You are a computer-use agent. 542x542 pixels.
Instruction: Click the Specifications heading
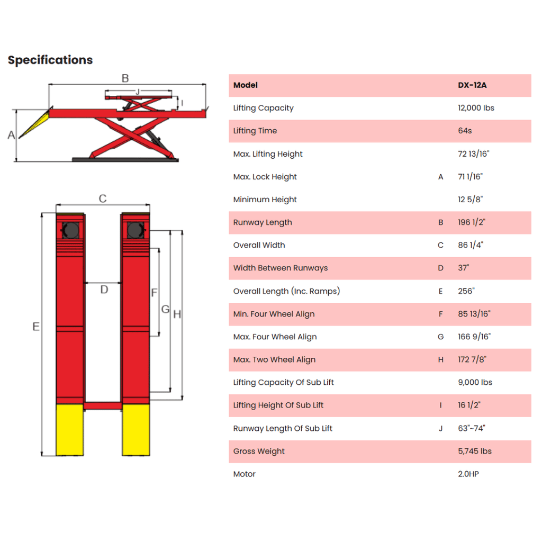click(x=50, y=60)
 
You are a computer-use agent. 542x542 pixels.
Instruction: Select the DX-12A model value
click(x=472, y=85)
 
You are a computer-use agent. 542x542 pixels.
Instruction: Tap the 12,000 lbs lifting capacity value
click(x=476, y=108)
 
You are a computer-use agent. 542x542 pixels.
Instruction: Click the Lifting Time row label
click(x=255, y=131)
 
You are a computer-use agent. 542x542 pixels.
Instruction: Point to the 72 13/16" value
click(x=474, y=154)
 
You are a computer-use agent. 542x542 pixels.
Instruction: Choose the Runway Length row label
click(x=263, y=222)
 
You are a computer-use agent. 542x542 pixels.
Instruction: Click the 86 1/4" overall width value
click(x=471, y=245)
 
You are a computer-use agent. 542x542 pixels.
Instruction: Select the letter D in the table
click(x=440, y=268)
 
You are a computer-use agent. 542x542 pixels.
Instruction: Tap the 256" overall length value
click(x=466, y=291)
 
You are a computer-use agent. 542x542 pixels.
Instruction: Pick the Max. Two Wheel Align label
click(x=275, y=359)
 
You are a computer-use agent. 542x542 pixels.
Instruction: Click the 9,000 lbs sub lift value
click(x=475, y=382)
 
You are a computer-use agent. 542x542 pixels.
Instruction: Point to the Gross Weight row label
click(x=259, y=451)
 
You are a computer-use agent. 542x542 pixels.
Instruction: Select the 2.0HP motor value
click(x=468, y=474)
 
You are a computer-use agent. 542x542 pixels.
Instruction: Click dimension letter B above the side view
click(x=125, y=78)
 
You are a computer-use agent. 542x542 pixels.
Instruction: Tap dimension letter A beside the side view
click(x=11, y=135)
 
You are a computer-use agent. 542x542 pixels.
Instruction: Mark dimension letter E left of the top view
click(x=36, y=326)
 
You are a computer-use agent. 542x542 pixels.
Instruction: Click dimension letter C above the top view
click(x=103, y=198)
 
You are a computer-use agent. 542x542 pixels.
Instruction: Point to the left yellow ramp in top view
click(x=70, y=430)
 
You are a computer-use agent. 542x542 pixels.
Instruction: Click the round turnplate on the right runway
click(x=135, y=230)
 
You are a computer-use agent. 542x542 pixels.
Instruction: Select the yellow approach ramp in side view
click(x=34, y=124)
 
